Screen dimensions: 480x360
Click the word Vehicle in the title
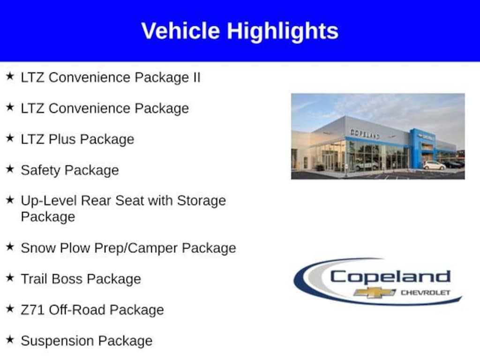coord(180,31)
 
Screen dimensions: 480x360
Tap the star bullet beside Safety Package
coord(10,169)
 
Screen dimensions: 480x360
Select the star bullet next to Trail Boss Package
coord(10,277)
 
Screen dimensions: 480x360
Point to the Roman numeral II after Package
coord(196,77)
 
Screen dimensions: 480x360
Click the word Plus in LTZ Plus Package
coord(62,139)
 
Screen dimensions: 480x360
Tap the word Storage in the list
coord(202,201)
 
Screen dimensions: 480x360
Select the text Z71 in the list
coord(32,310)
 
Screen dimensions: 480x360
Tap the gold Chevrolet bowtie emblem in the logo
coord(375,292)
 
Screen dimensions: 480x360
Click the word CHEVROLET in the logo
coord(426,292)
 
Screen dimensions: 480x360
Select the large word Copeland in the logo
coord(390,277)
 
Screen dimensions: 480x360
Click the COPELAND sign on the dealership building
coord(365,134)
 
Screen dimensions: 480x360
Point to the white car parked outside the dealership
coord(434,165)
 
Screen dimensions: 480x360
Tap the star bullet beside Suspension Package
coord(10,339)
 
